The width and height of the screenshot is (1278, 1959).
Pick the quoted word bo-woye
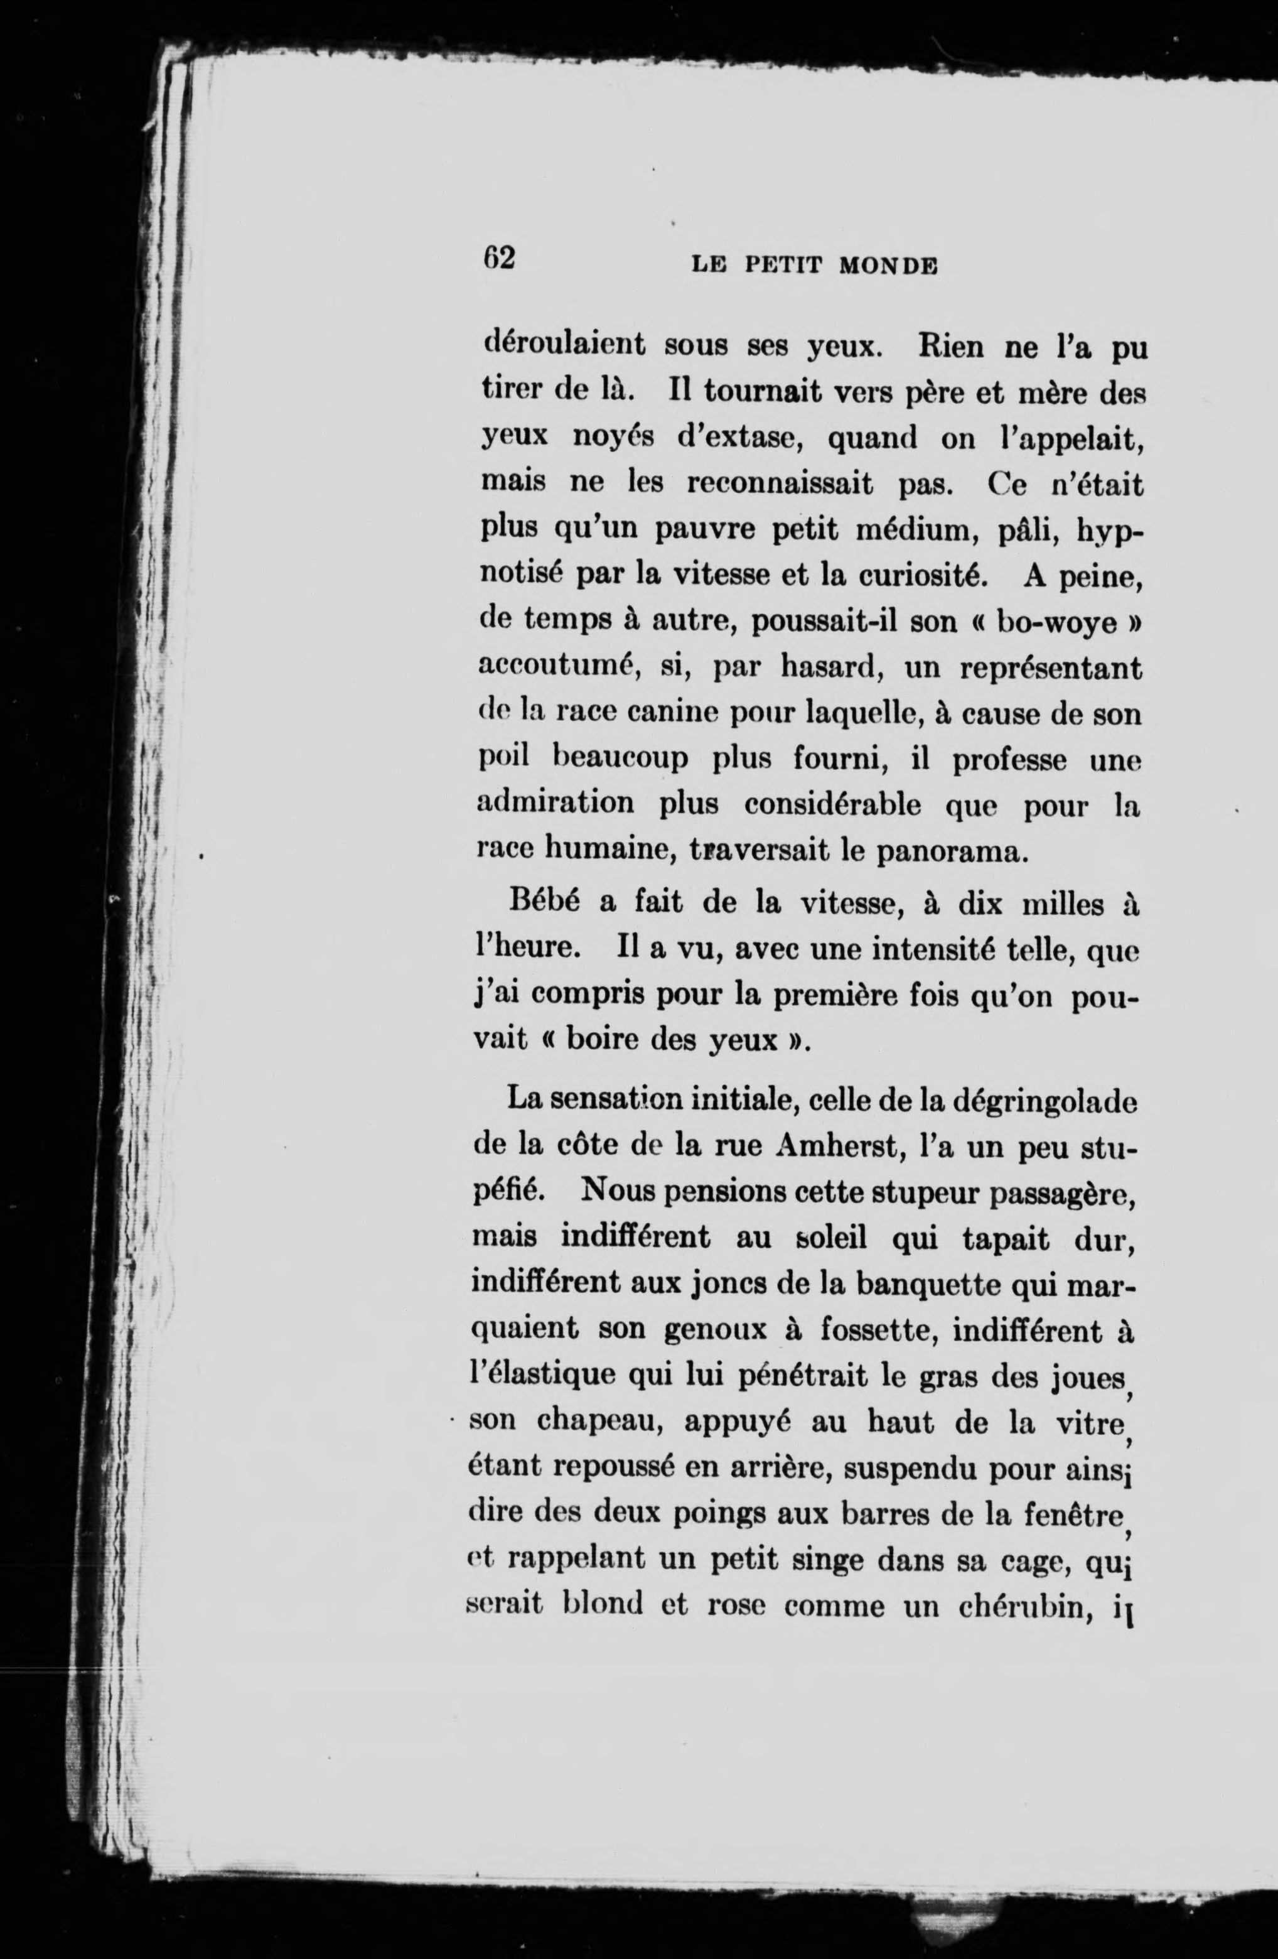[x=1056, y=623]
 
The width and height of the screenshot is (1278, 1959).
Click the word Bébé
[x=545, y=902]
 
